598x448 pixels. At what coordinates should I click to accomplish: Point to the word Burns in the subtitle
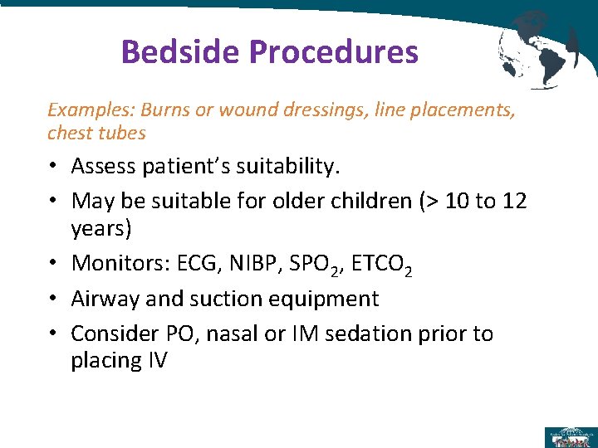coord(167,110)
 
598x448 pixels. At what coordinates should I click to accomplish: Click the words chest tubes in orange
coord(96,133)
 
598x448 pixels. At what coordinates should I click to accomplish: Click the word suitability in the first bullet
coord(277,167)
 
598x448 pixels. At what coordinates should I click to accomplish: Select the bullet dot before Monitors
coord(51,264)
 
